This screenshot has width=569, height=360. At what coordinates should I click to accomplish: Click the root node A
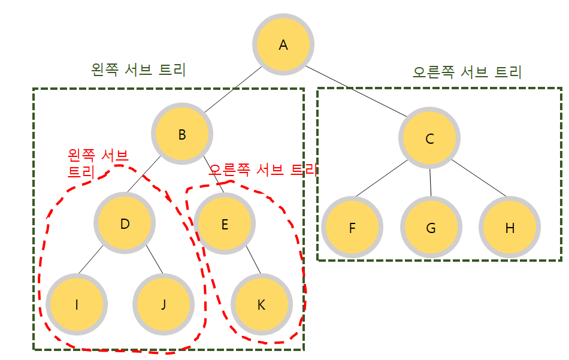click(283, 46)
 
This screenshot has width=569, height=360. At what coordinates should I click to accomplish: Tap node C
click(429, 139)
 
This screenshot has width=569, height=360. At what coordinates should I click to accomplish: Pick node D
click(125, 224)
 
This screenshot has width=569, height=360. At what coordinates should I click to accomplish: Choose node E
click(225, 225)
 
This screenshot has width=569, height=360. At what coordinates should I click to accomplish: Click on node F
click(352, 228)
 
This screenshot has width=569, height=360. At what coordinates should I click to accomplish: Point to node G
click(431, 228)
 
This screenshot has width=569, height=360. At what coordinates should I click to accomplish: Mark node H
click(510, 228)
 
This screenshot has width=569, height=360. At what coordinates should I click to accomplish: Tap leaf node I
click(77, 304)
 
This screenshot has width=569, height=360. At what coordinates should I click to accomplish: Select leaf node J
click(163, 304)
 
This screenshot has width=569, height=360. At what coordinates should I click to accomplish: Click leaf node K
click(261, 304)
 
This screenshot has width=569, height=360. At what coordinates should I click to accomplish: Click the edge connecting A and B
click(234, 90)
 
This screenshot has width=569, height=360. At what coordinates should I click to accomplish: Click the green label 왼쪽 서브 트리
click(138, 70)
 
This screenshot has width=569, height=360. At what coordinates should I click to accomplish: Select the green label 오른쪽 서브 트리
click(467, 72)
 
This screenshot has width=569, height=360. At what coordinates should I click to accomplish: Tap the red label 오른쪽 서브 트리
click(262, 170)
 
